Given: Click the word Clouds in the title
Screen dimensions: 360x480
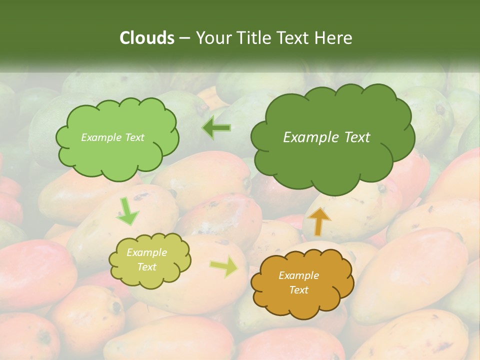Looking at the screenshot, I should [147, 38].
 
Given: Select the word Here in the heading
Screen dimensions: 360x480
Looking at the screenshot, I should [334, 38].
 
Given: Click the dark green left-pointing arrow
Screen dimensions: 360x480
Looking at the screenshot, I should [216, 128].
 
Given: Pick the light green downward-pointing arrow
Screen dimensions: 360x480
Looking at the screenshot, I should [128, 211].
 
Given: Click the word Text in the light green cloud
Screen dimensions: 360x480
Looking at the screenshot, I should [134, 137].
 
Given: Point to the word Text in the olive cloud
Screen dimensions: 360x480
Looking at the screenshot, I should [147, 267].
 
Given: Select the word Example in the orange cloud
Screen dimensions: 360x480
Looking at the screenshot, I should [298, 275].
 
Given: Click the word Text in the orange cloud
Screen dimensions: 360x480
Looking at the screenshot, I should [298, 290].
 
